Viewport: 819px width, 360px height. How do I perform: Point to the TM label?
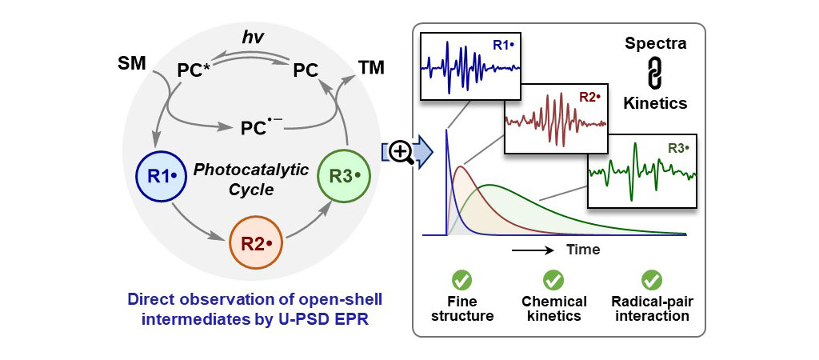coord(370,68)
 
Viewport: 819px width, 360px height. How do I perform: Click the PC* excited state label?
coord(198,71)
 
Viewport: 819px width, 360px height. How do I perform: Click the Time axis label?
coord(583,250)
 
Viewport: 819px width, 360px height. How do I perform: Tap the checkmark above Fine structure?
coord(461,280)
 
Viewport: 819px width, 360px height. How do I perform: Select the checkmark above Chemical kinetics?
coord(553,280)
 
